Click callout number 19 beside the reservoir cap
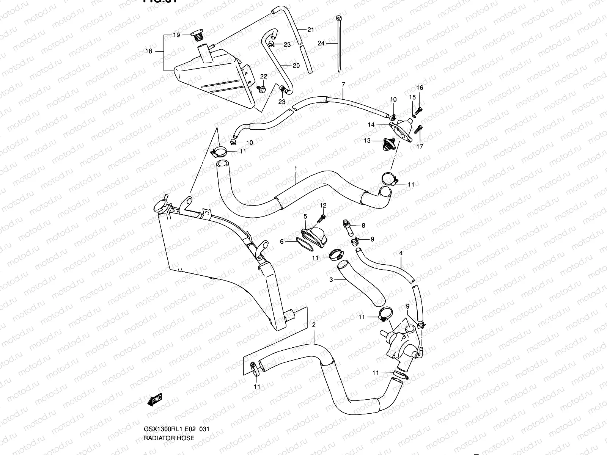tap(176, 35)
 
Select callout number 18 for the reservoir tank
tap(149, 51)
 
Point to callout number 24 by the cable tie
tap(321, 44)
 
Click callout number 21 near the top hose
tap(311, 30)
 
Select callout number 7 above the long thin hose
tap(343, 84)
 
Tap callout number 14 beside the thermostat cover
tap(371, 124)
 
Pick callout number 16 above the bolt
tap(420, 88)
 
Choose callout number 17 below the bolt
tap(420, 146)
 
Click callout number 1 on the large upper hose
tap(296, 168)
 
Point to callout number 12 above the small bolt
tap(323, 205)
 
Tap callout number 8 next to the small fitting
tap(363, 225)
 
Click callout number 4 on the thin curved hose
tap(401, 253)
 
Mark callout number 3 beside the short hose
tap(331, 280)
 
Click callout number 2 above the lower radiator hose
tap(314, 325)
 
